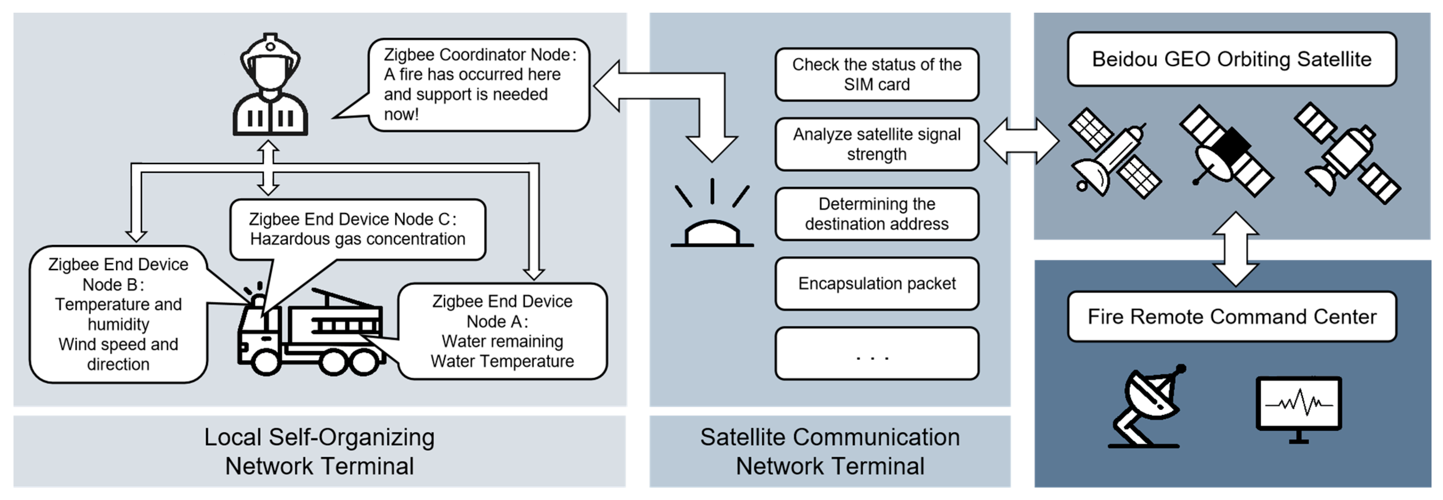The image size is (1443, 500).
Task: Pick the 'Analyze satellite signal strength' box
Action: [877, 144]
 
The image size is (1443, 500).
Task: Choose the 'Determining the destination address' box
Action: [877, 214]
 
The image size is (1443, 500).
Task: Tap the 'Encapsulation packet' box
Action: [877, 283]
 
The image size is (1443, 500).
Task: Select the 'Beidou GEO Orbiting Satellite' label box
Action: [1231, 59]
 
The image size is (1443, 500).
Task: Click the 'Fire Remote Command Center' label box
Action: [1231, 317]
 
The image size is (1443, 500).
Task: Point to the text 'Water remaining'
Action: [502, 341]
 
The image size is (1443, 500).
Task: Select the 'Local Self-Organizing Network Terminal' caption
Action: [319, 451]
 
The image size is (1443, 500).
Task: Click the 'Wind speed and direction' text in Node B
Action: [118, 354]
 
